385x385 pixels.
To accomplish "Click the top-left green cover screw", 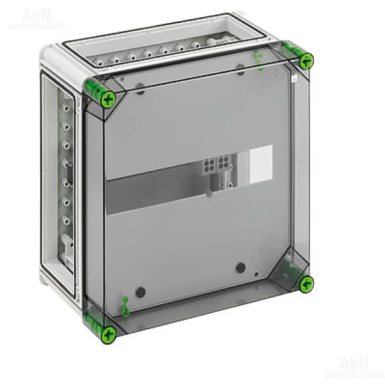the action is click(108, 99).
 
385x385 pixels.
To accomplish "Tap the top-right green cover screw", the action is click(307, 61).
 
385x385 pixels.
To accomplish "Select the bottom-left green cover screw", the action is click(109, 336).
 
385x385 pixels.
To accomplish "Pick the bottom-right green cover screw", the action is click(307, 284).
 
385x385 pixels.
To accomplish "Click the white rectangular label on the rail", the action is click(261, 164).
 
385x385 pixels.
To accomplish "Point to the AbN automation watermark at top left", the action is click(36, 19).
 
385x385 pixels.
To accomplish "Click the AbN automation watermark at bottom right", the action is click(354, 367).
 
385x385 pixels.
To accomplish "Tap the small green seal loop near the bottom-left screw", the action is click(126, 307).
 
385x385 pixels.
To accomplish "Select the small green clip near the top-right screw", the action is click(259, 60).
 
